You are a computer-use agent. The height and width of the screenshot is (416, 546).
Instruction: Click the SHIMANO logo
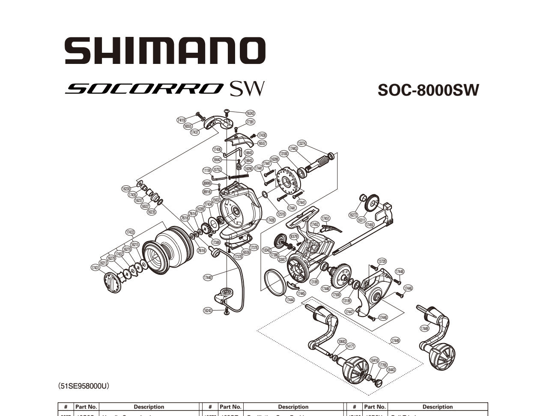click(165, 50)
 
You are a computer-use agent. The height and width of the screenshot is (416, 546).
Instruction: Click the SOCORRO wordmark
click(145, 88)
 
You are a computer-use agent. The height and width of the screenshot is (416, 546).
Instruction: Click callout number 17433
click(130, 232)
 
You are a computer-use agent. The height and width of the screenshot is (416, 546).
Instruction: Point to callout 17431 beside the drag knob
click(95, 268)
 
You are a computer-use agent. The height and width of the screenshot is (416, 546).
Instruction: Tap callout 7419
click(181, 120)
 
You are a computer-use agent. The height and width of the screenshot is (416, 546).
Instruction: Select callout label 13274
click(301, 143)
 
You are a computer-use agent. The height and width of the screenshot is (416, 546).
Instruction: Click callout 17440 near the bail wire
click(208, 277)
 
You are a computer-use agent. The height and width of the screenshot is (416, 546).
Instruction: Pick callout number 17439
click(271, 220)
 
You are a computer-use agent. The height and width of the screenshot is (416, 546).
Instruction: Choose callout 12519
click(281, 214)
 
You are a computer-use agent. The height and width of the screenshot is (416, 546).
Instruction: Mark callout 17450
click(370, 225)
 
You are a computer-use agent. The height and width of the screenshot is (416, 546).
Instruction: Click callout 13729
click(382, 261)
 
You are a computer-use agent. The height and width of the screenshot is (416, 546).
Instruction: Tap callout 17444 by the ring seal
click(290, 300)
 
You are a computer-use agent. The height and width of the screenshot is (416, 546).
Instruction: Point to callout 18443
click(391, 370)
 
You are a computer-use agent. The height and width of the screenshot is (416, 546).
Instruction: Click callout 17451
click(325, 218)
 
